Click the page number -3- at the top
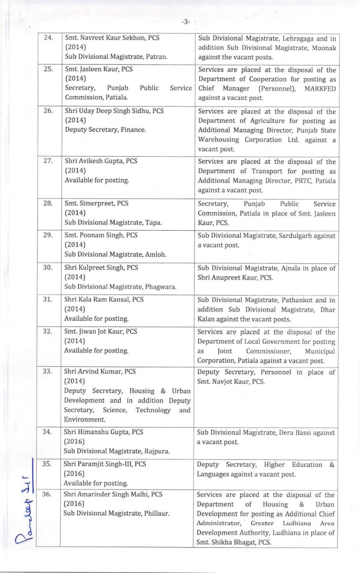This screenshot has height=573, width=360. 186,21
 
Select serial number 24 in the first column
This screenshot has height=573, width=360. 48,38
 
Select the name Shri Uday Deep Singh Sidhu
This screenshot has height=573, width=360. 108,111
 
